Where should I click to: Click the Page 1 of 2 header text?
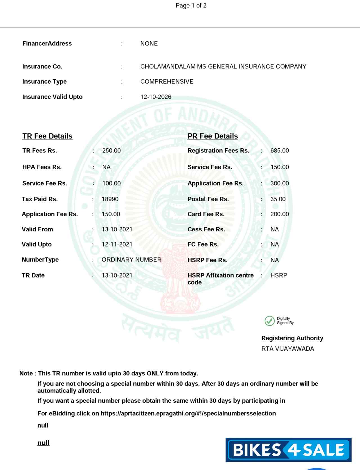191,6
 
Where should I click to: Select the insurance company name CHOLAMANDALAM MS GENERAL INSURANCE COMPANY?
223,67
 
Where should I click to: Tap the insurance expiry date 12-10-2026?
156,97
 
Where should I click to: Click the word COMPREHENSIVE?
166,82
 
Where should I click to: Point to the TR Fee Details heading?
47,136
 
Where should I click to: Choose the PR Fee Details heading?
212,136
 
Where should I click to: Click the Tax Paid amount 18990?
110,199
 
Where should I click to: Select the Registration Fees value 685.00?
279,151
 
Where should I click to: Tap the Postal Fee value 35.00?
278,199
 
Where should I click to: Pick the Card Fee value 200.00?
279,214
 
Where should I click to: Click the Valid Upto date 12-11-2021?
117,244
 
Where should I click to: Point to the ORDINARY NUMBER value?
131,259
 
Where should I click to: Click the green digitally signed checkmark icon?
269,321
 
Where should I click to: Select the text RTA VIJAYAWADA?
287,349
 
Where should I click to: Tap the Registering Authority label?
292,338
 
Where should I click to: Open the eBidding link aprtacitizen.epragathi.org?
188,413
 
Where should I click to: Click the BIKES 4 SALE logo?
288,449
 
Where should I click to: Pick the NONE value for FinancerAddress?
149,44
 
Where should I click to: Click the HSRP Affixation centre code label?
220,279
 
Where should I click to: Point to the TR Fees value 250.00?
111,151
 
